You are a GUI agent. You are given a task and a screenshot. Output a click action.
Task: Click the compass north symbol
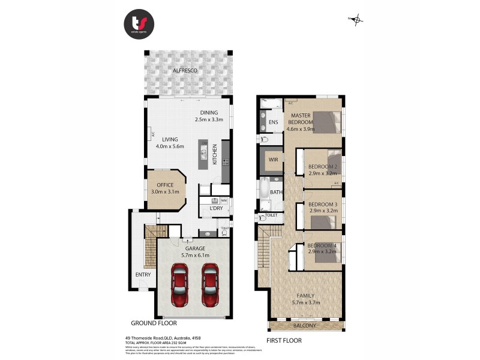click(357, 20)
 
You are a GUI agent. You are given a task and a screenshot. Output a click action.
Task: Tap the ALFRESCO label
click(185, 71)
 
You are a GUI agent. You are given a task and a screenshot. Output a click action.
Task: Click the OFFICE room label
click(164, 185)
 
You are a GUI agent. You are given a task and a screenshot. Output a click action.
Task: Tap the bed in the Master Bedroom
click(326, 122)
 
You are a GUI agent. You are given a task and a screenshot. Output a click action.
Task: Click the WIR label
click(273, 160)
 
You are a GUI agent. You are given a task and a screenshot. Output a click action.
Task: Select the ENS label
click(273, 123)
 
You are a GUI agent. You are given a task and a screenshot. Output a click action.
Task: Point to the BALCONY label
click(305, 326)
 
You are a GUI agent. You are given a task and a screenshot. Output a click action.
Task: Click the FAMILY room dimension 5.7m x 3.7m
click(306, 302)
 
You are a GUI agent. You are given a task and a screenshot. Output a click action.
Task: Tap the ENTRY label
click(143, 274)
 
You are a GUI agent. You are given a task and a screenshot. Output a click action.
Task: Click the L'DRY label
click(215, 208)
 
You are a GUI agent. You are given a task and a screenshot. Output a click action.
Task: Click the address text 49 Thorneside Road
click(150, 338)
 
